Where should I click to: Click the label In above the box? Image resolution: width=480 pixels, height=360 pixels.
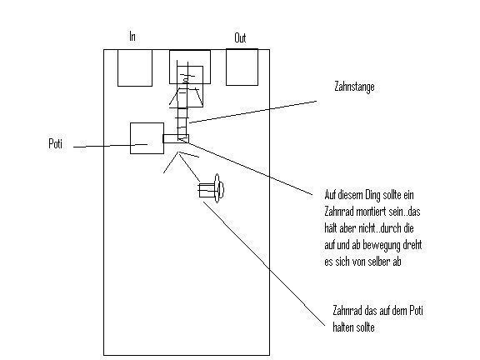[x=132, y=37]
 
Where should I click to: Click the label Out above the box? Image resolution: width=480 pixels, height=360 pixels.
[x=240, y=38]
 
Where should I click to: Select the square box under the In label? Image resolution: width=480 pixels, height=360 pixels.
[x=135, y=68]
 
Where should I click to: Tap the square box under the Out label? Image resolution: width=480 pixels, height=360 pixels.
[x=242, y=67]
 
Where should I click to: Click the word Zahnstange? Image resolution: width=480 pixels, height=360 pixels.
[x=354, y=87]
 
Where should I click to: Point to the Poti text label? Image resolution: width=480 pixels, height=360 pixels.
[x=55, y=143]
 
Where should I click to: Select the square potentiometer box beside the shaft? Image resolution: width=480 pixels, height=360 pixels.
[x=147, y=138]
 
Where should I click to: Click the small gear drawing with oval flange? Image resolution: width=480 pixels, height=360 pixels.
[x=211, y=189]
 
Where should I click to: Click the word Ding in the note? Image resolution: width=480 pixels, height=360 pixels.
[x=372, y=195]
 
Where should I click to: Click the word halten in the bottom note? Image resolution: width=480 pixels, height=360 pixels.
[x=343, y=327]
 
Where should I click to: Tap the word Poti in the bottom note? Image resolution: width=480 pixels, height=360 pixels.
[x=416, y=311]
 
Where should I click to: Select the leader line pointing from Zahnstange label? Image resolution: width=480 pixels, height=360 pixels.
[x=252, y=112]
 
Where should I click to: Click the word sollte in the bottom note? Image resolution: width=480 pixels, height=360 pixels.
[x=366, y=327]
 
